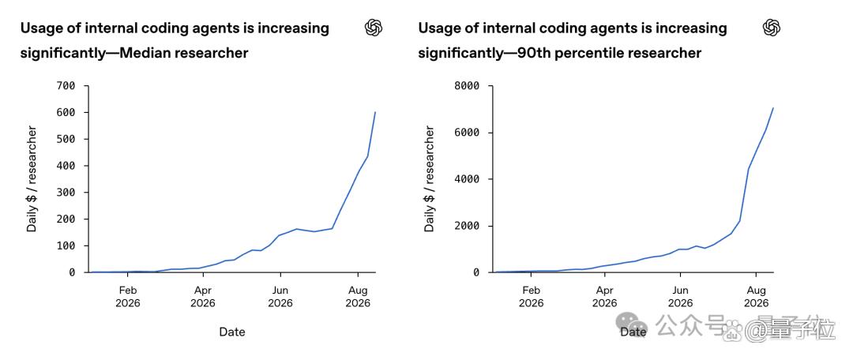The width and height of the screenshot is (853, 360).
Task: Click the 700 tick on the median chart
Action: [x=66, y=86]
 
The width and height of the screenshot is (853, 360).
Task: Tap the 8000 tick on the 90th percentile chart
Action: [x=468, y=86]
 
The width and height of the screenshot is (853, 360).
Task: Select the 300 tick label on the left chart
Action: [x=66, y=193]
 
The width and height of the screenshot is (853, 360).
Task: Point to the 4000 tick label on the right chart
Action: [x=468, y=179]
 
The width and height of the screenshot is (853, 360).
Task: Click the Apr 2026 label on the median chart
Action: [x=203, y=296]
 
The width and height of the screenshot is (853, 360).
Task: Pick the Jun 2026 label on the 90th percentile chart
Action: [x=680, y=296]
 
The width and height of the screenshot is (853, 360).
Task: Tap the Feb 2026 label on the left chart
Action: [x=127, y=296]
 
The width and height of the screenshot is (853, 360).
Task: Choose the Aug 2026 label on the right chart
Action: [x=756, y=296]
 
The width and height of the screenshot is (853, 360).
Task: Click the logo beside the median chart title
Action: [x=374, y=27]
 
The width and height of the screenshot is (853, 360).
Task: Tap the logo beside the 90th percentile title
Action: [x=772, y=27]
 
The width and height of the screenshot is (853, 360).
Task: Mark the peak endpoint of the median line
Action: [x=375, y=112]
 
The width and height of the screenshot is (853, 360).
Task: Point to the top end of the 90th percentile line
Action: [x=773, y=107]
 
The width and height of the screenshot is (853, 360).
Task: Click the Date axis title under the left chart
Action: [x=232, y=332]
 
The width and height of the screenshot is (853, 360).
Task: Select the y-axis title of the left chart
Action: [x=32, y=179]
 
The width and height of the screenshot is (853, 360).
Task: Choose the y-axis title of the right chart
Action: [x=430, y=179]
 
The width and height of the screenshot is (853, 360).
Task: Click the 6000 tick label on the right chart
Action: [x=468, y=133]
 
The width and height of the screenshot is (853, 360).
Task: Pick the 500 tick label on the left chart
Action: [x=66, y=139]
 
